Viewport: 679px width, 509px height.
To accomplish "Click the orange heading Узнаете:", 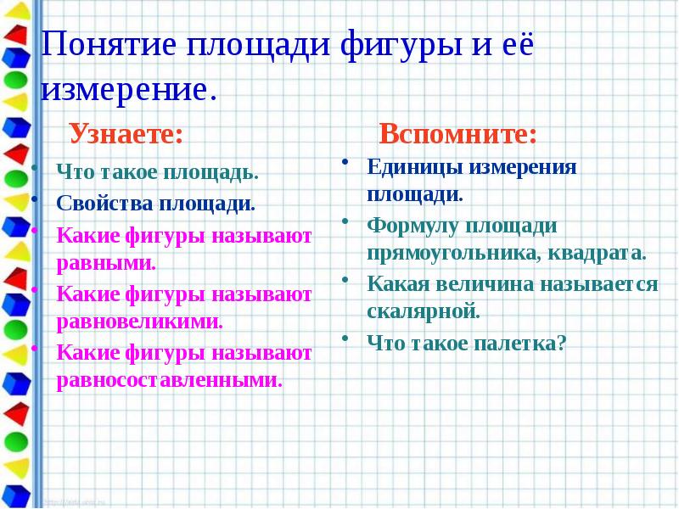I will click(x=125, y=133).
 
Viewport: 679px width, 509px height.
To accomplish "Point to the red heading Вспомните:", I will click(x=457, y=134).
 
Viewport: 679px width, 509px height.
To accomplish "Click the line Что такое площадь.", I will click(x=157, y=173).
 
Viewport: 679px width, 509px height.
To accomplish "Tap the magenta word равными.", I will click(x=106, y=262).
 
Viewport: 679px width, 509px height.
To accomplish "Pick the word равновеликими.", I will click(x=139, y=322).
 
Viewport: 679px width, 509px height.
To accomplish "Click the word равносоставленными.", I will click(x=169, y=380).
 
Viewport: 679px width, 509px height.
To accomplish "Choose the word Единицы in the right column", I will click(x=411, y=166).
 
